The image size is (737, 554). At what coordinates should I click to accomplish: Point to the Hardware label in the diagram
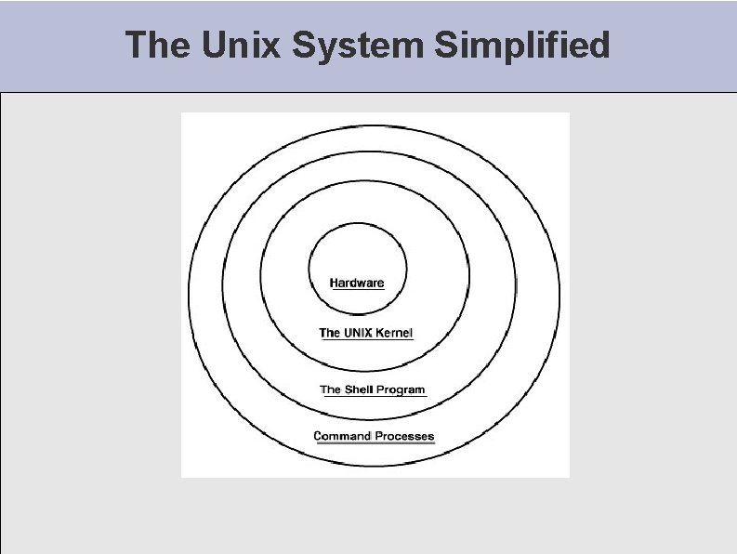[x=357, y=283]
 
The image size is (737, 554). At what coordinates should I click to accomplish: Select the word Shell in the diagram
[x=359, y=389]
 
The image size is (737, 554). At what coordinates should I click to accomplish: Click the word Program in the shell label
[x=401, y=389]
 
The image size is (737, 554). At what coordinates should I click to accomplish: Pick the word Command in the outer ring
[x=341, y=436]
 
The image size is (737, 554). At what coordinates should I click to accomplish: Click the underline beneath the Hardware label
[x=357, y=290]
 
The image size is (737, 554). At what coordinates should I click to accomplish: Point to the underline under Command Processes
[x=375, y=443]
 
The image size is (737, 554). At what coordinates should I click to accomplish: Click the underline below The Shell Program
[x=374, y=397]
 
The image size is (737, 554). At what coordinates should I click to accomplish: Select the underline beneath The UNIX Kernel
[x=366, y=340]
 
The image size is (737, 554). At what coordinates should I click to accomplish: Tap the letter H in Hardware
[x=335, y=283]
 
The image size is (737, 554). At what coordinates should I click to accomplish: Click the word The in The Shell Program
[x=330, y=389]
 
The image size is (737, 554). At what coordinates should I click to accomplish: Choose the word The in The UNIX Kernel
[x=329, y=333]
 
